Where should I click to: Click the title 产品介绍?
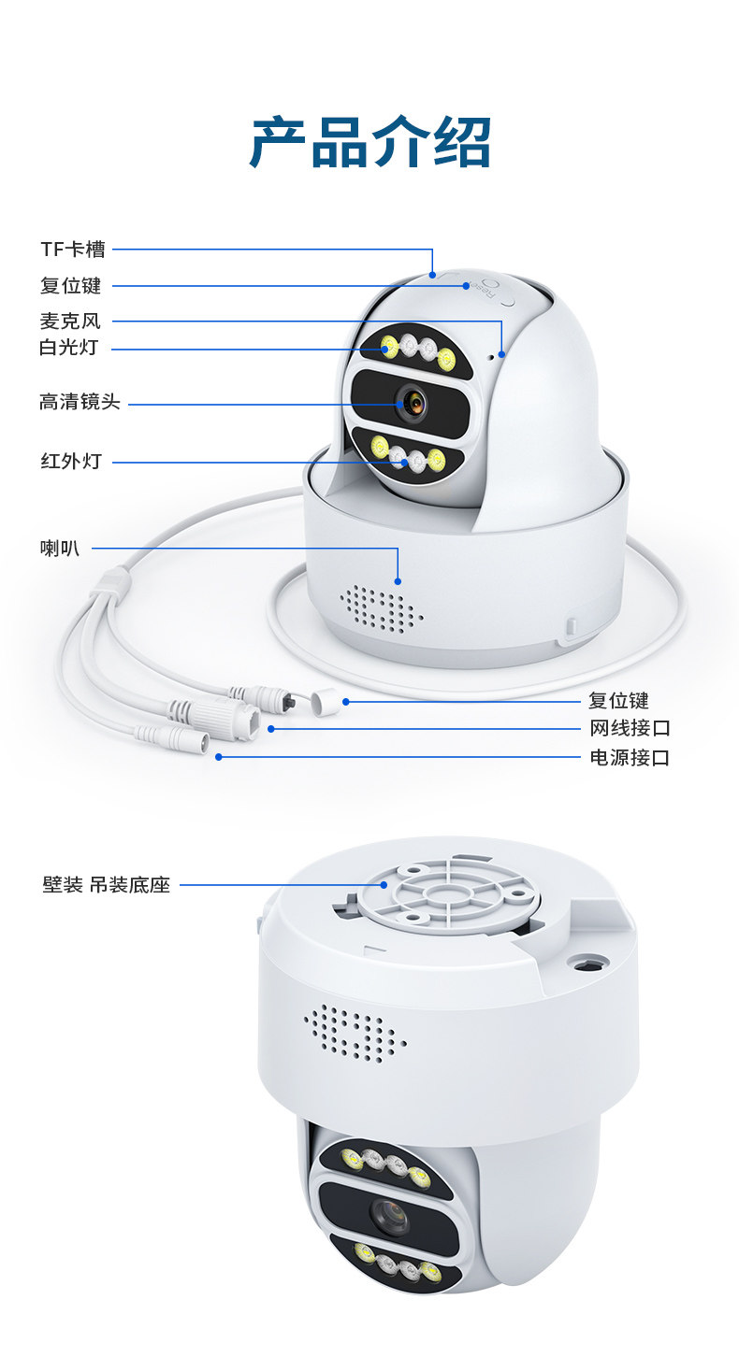[x=370, y=142]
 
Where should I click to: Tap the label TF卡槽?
[x=73, y=250]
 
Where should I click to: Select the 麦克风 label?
[x=70, y=321]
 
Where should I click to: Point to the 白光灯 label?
[x=68, y=348]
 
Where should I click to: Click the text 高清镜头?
[x=80, y=403]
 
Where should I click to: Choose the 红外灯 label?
[x=70, y=461]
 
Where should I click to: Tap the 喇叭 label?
[x=60, y=548]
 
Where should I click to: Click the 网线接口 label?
[x=630, y=728]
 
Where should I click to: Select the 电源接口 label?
[x=630, y=757]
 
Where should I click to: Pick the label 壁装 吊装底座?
[x=107, y=884]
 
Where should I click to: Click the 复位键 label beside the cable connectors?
[x=618, y=700]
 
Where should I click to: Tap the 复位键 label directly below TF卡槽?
[x=70, y=286]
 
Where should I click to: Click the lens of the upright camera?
[x=411, y=405]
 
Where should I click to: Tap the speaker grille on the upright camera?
[x=382, y=608]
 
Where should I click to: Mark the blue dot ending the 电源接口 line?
[x=219, y=757]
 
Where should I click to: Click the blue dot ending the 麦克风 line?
[x=502, y=354]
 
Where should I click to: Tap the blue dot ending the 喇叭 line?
[x=398, y=580]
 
